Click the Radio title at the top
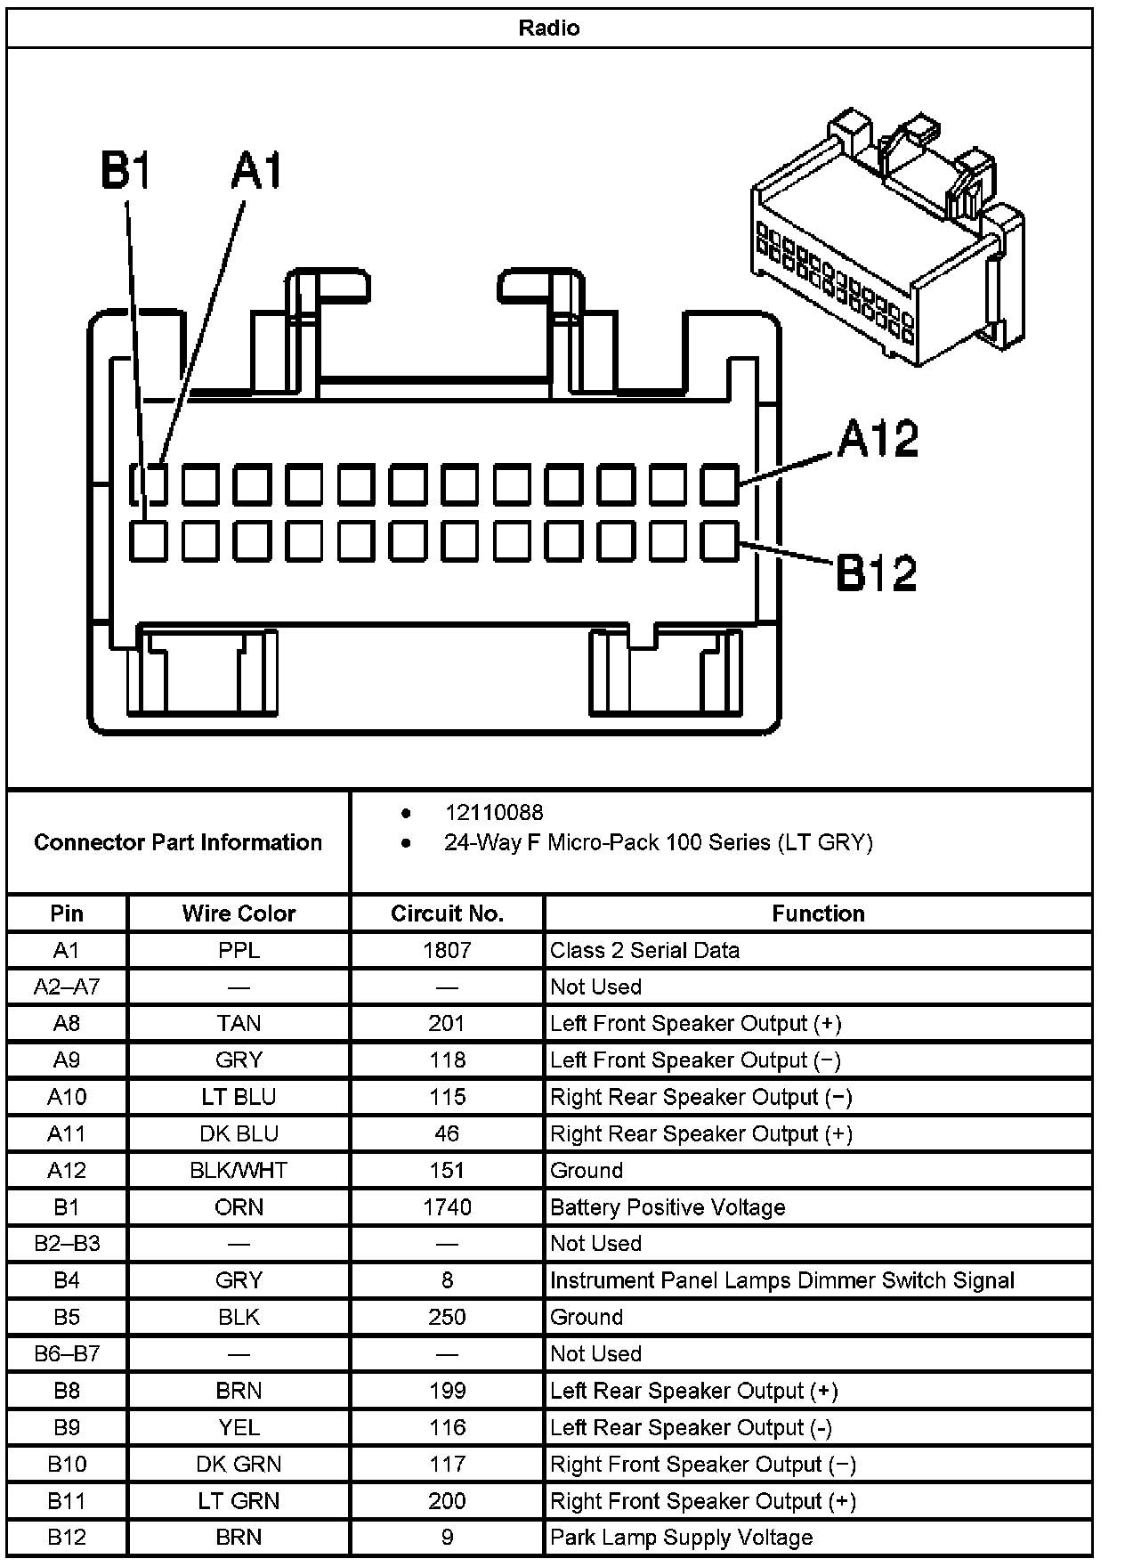548,28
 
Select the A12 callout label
877,438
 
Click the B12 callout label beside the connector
876,572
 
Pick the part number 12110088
494,812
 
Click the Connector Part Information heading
178,842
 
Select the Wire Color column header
239,913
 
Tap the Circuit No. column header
447,913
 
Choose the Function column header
818,913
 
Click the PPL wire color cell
239,950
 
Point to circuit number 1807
447,950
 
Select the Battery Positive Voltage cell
668,1207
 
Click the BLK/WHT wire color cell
239,1170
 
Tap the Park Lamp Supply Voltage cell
681,1538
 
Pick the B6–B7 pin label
67,1353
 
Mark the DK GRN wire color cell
239,1464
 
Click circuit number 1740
447,1207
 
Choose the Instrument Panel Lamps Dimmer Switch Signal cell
781,1280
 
